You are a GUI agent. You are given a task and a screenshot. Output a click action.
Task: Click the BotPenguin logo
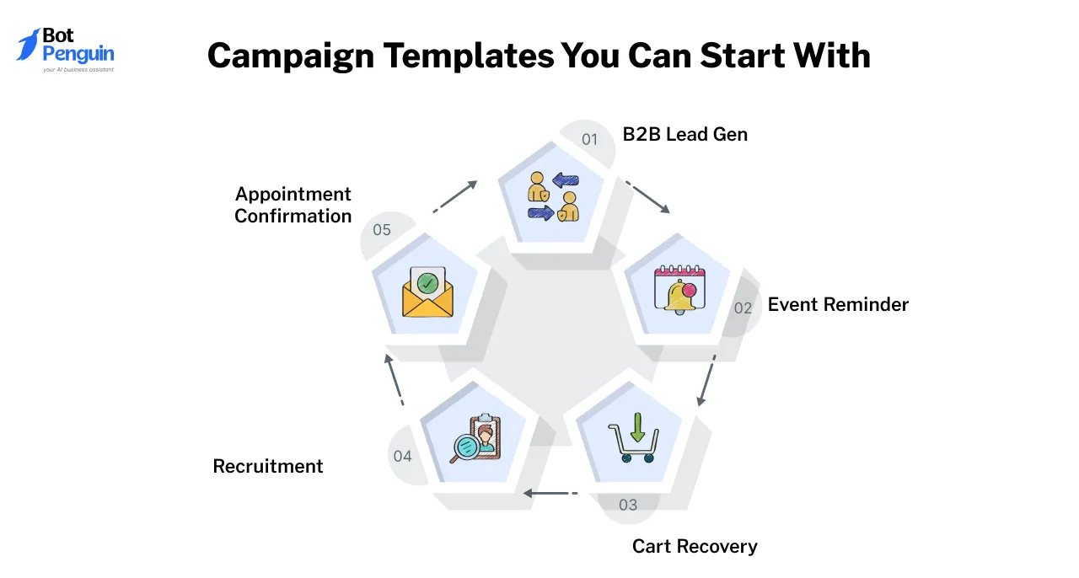click(x=65, y=50)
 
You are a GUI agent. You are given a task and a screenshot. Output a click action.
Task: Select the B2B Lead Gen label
click(x=684, y=134)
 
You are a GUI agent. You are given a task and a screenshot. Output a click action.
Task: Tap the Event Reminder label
click(x=838, y=304)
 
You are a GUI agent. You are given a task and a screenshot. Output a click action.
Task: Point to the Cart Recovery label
click(x=695, y=546)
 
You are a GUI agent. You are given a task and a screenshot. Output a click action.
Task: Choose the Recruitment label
click(x=268, y=466)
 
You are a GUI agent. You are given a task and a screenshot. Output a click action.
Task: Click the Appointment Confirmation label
click(x=293, y=205)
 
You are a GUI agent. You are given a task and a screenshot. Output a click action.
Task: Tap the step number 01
click(x=589, y=139)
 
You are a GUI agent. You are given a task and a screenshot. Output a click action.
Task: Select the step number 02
click(x=743, y=308)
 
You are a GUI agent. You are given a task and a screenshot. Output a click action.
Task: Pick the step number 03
click(x=628, y=505)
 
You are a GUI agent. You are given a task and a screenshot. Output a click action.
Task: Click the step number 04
click(x=402, y=456)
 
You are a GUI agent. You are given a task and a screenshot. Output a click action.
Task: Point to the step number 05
click(x=382, y=229)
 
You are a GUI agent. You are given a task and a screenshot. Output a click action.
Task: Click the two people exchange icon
click(x=553, y=196)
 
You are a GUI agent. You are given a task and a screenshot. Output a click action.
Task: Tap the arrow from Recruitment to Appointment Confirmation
click(x=394, y=379)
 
